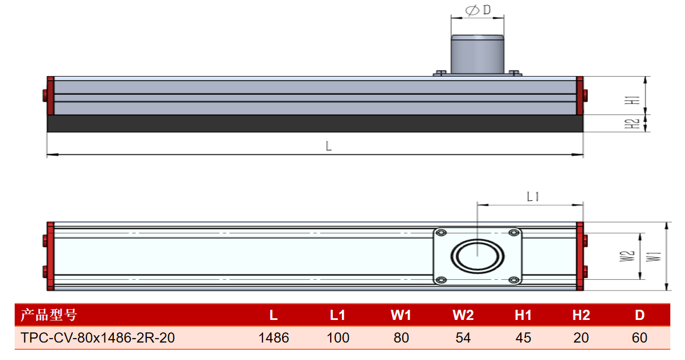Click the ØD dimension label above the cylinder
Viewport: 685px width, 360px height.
click(478, 10)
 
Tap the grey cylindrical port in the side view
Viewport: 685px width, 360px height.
click(477, 54)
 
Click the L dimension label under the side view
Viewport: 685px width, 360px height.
click(328, 146)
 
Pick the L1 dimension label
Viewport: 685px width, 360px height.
click(533, 196)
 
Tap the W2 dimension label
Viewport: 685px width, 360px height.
click(627, 256)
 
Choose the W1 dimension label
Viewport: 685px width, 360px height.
click(653, 257)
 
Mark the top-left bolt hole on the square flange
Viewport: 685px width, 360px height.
click(441, 233)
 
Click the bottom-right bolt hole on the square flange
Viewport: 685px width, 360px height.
click(513, 280)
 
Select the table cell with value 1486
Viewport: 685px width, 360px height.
click(274, 337)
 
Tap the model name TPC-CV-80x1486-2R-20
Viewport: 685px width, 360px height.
click(98, 337)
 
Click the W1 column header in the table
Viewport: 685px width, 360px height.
click(401, 315)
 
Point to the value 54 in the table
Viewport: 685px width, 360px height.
click(463, 337)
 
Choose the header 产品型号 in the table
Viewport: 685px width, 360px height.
click(49, 315)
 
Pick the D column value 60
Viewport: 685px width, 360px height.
click(639, 337)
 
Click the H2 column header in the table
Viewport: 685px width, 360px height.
click(581, 315)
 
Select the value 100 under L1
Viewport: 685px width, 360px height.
click(338, 337)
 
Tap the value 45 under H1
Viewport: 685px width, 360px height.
click(523, 337)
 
